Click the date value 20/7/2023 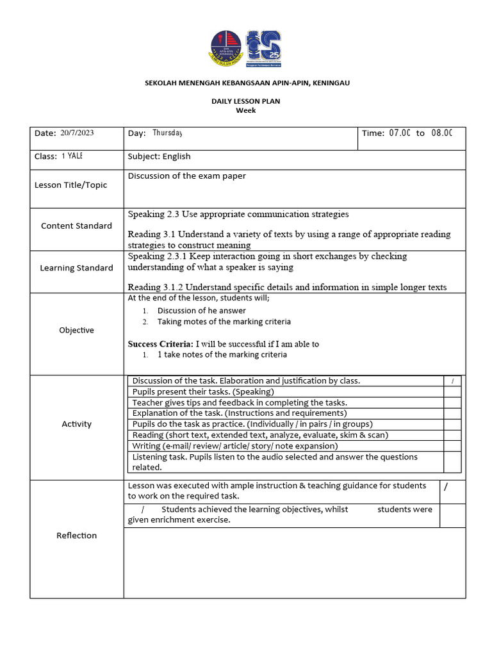(77, 133)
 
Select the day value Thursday (167, 133)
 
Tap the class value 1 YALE (72, 156)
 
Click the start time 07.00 (399, 133)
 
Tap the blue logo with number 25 (263, 47)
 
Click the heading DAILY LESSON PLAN (246, 101)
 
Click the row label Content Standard (76, 225)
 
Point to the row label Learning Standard (76, 268)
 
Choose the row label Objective (76, 330)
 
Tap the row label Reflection (76, 536)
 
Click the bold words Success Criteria (160, 344)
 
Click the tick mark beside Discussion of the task (452, 381)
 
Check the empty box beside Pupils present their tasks (452, 391)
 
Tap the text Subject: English (159, 156)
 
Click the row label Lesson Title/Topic (70, 185)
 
